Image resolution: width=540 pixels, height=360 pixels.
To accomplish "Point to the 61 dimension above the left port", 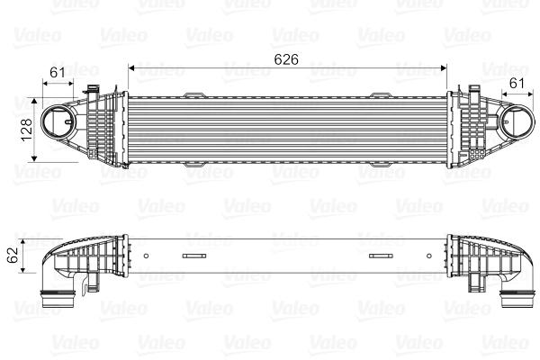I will [58, 73].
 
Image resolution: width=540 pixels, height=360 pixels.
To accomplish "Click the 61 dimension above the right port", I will [517, 84].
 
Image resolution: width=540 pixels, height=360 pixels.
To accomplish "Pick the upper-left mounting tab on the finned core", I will [194, 94].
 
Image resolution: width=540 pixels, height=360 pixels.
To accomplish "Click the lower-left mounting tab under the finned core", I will [194, 166].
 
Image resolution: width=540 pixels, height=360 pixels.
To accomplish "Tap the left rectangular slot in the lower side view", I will [194, 256].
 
